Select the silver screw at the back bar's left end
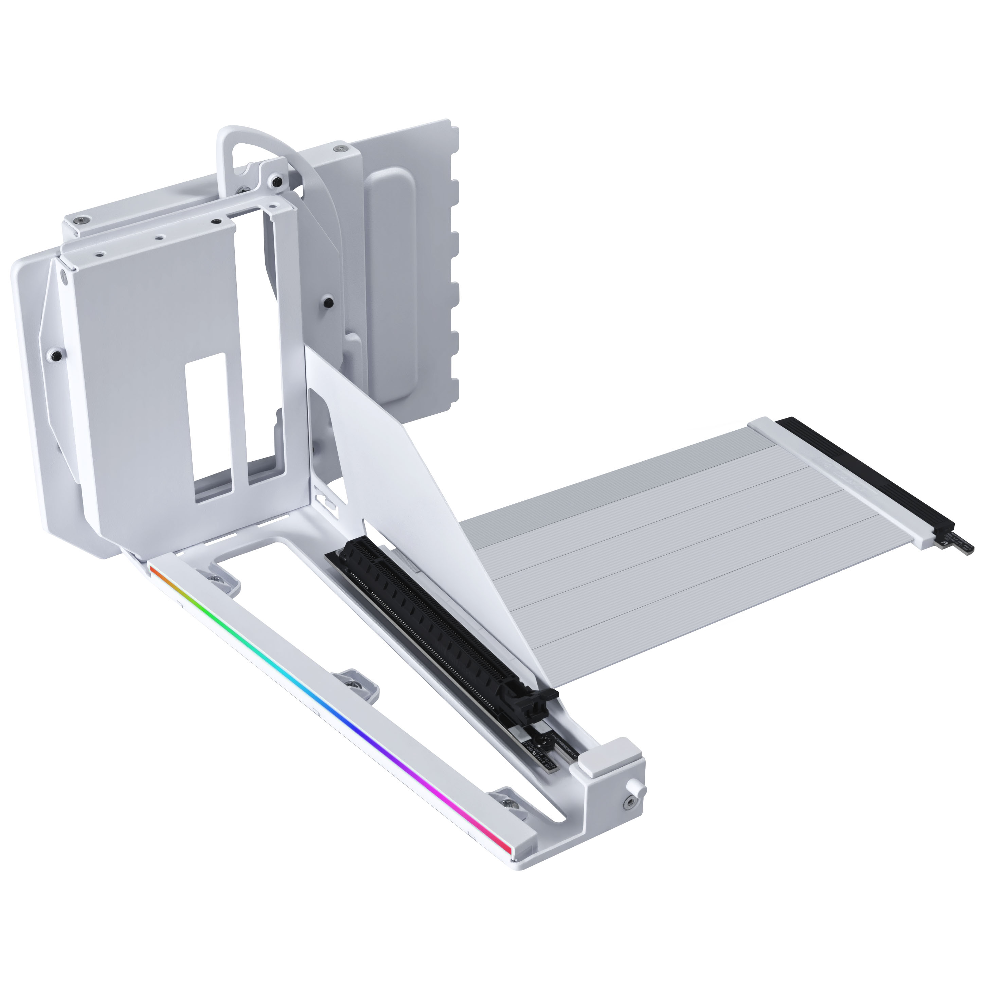tap(82, 220)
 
